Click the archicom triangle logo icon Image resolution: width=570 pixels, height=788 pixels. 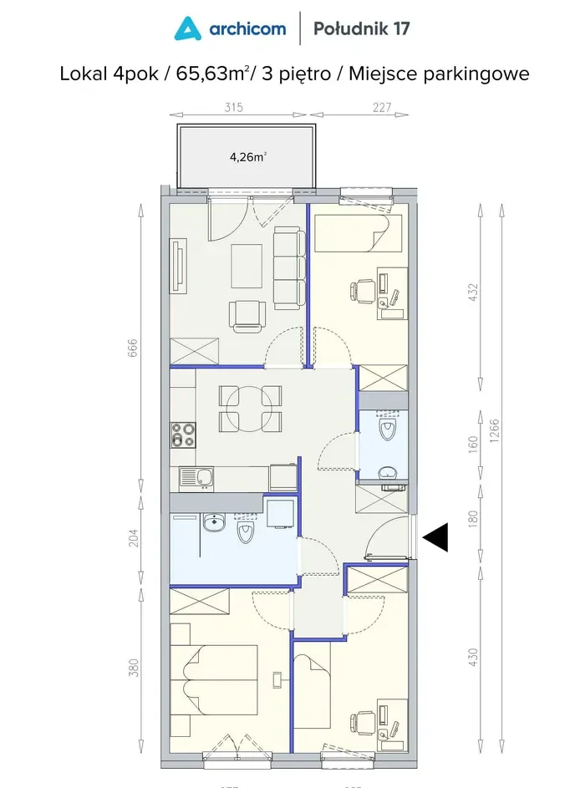pos(187,28)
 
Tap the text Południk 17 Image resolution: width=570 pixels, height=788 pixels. pos(361,28)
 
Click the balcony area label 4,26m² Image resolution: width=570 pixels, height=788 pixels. pos(247,157)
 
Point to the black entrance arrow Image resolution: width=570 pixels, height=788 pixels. pos(435,537)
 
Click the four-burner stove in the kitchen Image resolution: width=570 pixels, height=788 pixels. pos(183,435)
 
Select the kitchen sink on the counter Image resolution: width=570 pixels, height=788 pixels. pos(196,478)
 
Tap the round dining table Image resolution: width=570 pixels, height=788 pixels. pos(250,408)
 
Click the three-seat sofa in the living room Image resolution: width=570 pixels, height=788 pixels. pos(289,268)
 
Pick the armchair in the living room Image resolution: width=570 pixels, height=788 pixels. pos(247,316)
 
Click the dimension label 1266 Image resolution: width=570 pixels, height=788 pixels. pos(495,430)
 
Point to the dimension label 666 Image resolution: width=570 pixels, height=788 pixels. pos(132,348)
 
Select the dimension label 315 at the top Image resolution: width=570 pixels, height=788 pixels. pos(234,107)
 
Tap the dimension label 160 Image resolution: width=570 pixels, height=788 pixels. pos(473,445)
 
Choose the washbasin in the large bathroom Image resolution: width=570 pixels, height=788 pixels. pos(215,522)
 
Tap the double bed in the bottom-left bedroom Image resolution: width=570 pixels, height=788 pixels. pos(214,680)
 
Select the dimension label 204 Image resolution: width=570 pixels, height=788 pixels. pos(133,538)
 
